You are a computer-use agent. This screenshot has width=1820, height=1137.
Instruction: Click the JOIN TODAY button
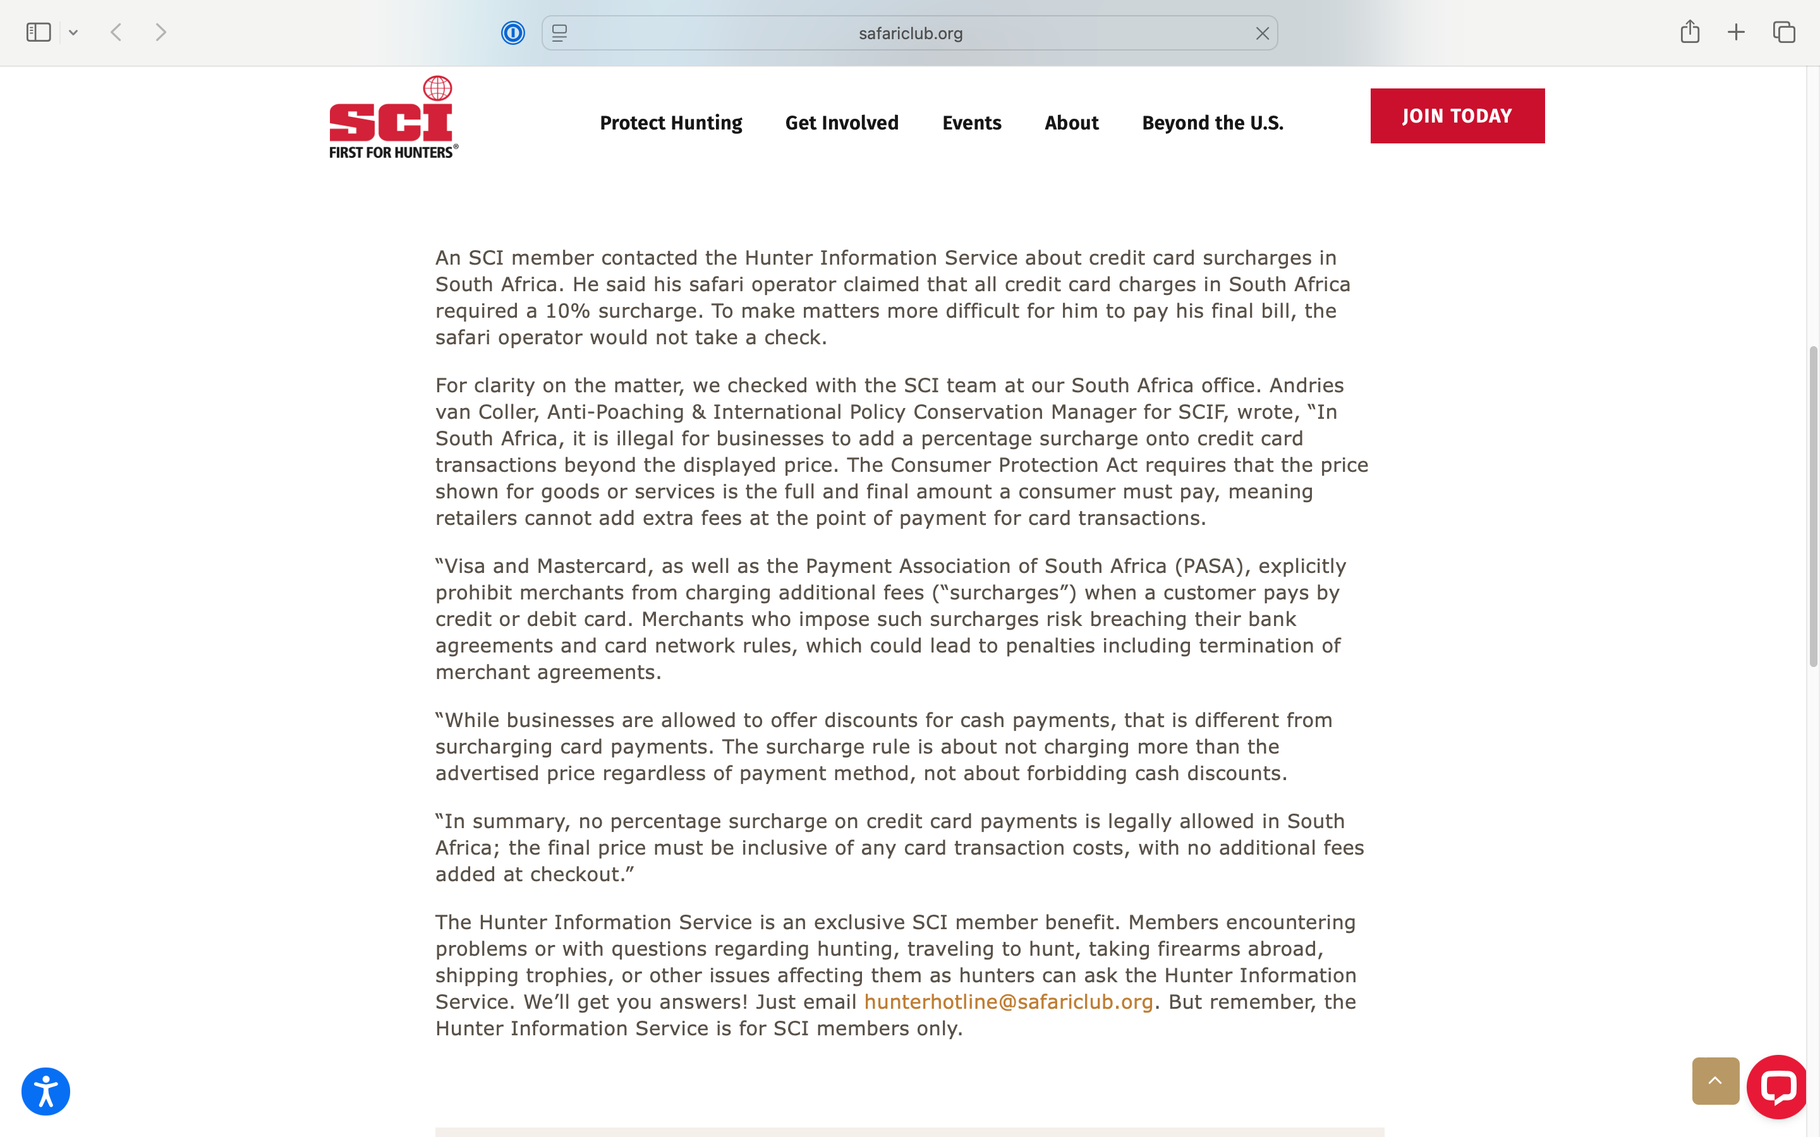point(1457,116)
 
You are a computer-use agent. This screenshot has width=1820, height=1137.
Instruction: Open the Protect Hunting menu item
point(671,123)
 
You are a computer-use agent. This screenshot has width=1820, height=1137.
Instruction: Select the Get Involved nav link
point(842,123)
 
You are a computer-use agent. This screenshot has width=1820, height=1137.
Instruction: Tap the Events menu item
point(972,123)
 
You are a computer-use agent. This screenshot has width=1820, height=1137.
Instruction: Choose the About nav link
point(1071,123)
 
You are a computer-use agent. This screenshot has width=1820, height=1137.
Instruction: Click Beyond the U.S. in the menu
point(1212,123)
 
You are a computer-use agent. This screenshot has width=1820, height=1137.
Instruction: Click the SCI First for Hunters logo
point(392,118)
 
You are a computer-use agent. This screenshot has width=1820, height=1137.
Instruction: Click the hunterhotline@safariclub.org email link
point(1008,1002)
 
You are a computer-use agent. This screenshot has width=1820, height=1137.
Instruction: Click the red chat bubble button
point(1777,1086)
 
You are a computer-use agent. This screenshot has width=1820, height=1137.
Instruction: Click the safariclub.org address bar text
point(910,33)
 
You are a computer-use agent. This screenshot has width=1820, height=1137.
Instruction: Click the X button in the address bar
point(1262,33)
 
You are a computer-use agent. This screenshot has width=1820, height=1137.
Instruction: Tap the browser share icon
point(1690,32)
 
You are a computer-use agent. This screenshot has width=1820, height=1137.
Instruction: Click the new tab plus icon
point(1736,32)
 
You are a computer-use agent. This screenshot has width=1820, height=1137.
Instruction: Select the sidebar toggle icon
point(39,32)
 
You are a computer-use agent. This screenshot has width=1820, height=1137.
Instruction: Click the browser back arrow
point(116,32)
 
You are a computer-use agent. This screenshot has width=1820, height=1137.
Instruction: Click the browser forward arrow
point(160,32)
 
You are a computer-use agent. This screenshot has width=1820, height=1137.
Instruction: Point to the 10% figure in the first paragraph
point(568,311)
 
